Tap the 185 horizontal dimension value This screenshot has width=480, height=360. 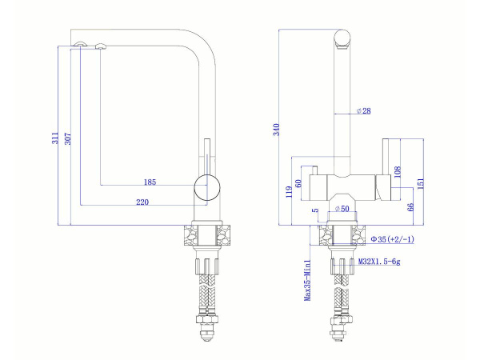tap(150, 182)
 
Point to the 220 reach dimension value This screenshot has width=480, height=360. tap(142, 202)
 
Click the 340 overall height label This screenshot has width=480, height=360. tap(276, 130)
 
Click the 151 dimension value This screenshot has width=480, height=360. tap(419, 183)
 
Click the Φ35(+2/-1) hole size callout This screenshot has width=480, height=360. tap(392, 239)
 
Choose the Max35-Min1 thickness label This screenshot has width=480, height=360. tap(307, 280)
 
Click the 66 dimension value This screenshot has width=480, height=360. tap(410, 207)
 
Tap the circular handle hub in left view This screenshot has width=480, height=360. tap(207, 187)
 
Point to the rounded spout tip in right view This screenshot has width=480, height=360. tap(342, 38)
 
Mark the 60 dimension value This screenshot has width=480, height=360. tap(298, 183)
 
